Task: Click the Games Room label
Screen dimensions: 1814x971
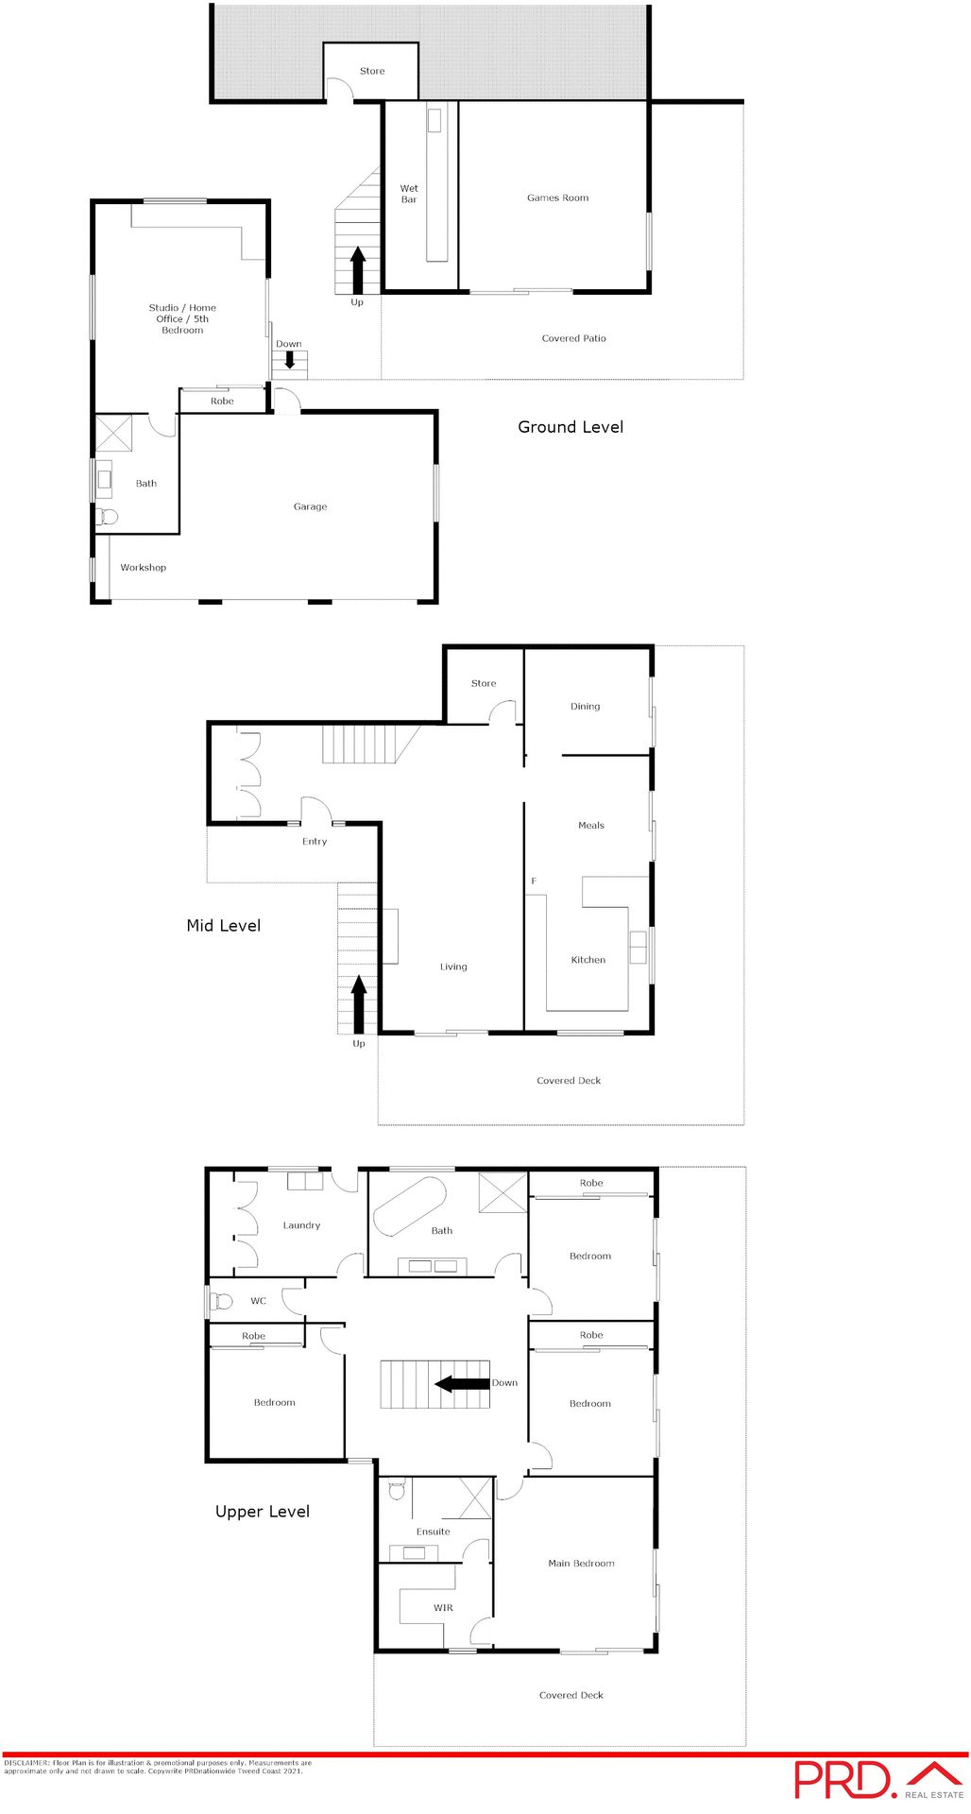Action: tap(557, 198)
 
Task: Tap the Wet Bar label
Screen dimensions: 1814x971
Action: tap(409, 194)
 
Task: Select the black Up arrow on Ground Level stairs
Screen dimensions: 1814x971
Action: tap(358, 271)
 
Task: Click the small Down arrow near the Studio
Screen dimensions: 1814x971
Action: tap(290, 360)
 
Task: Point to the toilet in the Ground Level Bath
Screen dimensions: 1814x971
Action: tap(107, 516)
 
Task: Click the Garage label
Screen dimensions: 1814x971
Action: tap(310, 507)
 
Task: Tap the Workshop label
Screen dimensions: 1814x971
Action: tap(144, 568)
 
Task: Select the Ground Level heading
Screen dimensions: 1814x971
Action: tap(571, 427)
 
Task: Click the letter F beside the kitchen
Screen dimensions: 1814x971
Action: tap(534, 881)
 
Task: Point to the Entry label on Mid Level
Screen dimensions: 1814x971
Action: tap(315, 842)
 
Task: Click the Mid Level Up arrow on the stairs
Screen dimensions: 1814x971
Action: tap(359, 1004)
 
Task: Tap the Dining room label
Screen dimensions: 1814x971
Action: tap(585, 707)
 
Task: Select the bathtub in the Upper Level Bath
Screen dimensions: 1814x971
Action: tap(410, 1206)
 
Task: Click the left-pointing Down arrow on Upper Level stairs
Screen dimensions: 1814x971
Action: tap(462, 1384)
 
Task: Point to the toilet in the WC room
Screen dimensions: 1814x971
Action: tap(222, 1301)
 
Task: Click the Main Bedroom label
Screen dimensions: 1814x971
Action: tap(581, 1564)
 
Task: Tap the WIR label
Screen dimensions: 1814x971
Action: tap(443, 1608)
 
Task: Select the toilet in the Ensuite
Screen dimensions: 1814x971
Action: tap(397, 1490)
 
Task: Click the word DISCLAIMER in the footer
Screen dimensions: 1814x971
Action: tap(26, 1763)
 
